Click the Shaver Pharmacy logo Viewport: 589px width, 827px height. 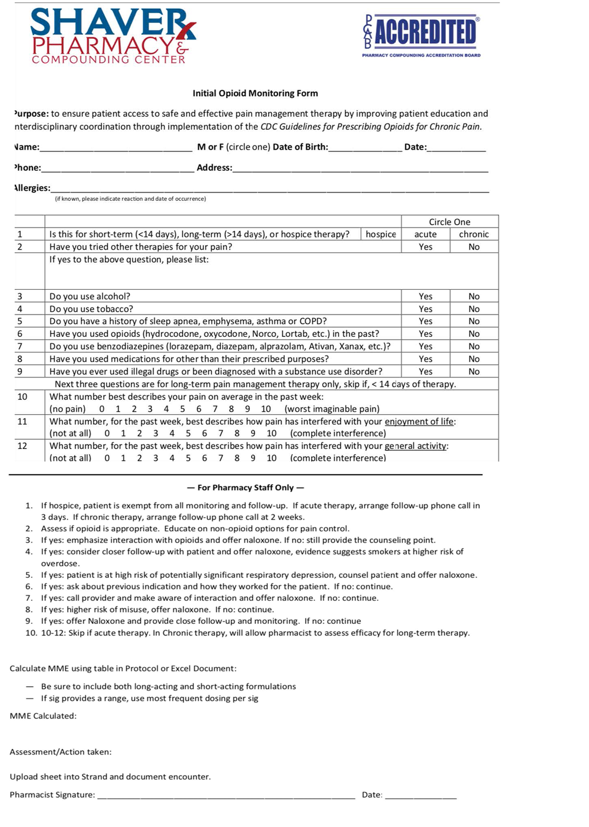(x=112, y=36)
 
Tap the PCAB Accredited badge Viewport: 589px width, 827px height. (x=422, y=35)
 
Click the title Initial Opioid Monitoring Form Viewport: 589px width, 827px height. (x=255, y=93)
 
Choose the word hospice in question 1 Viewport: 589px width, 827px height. (x=380, y=234)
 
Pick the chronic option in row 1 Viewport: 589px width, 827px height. (x=474, y=234)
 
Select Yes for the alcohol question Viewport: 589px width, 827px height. (x=425, y=296)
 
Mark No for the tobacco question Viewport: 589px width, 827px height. (x=474, y=309)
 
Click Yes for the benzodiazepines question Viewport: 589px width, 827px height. (x=425, y=346)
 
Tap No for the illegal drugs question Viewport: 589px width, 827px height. (x=474, y=372)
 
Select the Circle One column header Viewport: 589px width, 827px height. (x=449, y=222)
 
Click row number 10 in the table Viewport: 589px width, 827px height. (x=22, y=397)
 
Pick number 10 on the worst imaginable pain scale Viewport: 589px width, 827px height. (x=266, y=409)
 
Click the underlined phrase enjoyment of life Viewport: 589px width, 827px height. (x=419, y=422)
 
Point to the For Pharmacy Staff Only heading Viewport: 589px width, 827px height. (x=245, y=488)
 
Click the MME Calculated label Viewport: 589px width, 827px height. (x=43, y=716)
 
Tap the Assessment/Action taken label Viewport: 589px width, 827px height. (x=61, y=752)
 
